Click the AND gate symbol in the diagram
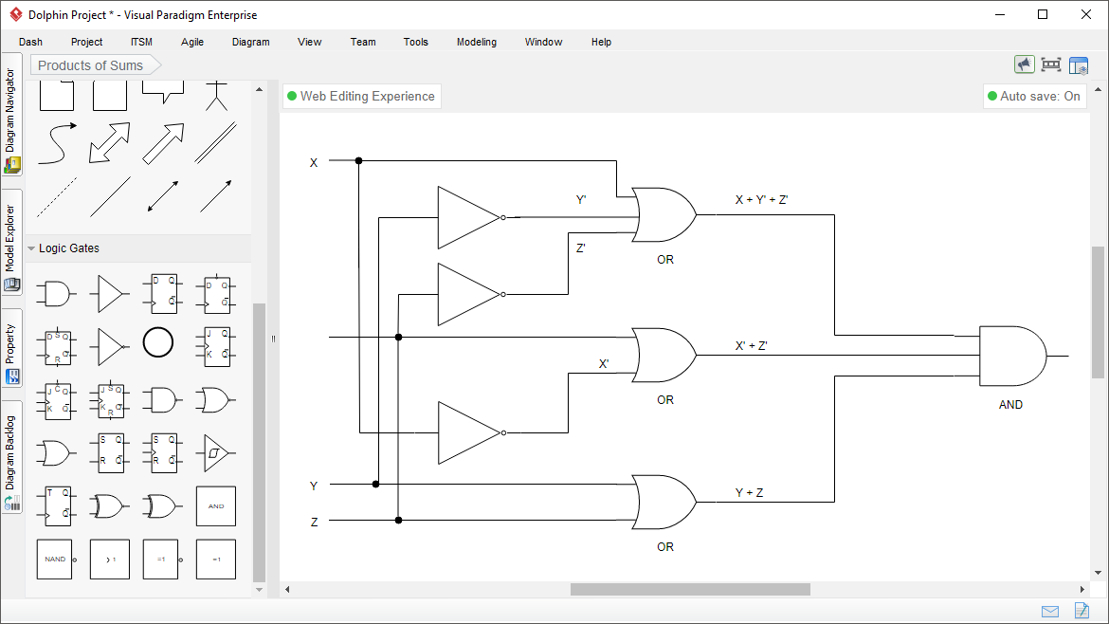[1011, 357]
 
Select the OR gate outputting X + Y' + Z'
[664, 215]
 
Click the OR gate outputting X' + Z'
[664, 355]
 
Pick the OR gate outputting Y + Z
[664, 502]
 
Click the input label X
[314, 163]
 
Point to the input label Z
[314, 522]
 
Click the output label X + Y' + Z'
[761, 200]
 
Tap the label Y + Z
[749, 493]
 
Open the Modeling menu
[476, 42]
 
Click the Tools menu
[415, 42]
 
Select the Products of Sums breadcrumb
[91, 65]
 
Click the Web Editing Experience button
[361, 96]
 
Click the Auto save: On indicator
[1033, 96]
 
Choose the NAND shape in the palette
[55, 560]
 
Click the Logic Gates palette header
[69, 248]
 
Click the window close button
[1085, 14]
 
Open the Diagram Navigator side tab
[11, 119]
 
